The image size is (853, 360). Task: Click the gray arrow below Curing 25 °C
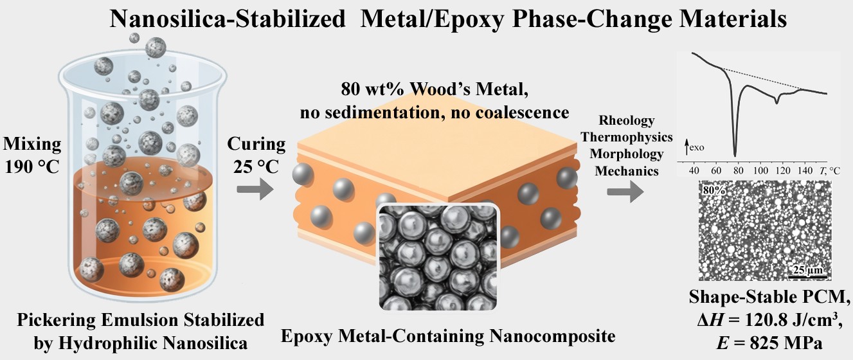tap(255, 190)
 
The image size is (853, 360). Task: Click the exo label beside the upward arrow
tap(697, 147)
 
